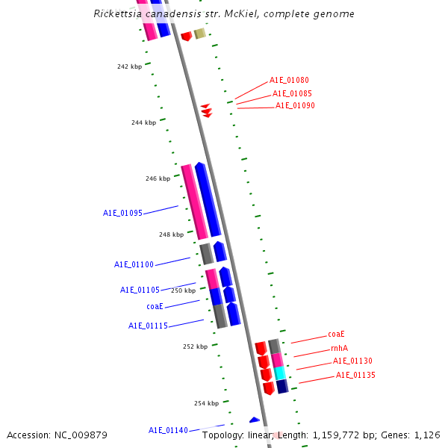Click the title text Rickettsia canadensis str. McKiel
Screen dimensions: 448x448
[x=225, y=14]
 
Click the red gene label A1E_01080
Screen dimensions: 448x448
[x=289, y=80]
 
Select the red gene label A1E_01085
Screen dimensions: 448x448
[x=292, y=93]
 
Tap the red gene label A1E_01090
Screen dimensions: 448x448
[x=295, y=106]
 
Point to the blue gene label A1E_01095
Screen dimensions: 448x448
[x=122, y=213]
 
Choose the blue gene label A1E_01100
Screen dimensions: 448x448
[x=134, y=264]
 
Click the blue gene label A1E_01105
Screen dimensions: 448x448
[x=140, y=290]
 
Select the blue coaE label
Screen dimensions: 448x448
[x=155, y=306]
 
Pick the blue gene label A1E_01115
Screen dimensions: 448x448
[x=148, y=326]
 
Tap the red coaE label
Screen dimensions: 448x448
[x=336, y=335]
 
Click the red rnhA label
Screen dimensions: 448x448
[x=339, y=348]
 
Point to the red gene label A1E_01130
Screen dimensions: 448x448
[x=352, y=361]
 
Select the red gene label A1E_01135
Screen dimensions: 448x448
[x=355, y=375]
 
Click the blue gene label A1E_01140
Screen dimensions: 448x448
[x=168, y=430]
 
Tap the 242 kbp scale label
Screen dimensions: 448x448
[x=129, y=66]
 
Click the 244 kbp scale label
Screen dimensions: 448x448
[x=143, y=122]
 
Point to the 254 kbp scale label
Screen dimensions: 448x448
[x=206, y=403]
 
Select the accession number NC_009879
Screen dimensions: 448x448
[x=57, y=435]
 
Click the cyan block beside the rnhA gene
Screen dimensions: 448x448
[x=279, y=373]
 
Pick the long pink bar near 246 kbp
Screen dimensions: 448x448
[x=194, y=202]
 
